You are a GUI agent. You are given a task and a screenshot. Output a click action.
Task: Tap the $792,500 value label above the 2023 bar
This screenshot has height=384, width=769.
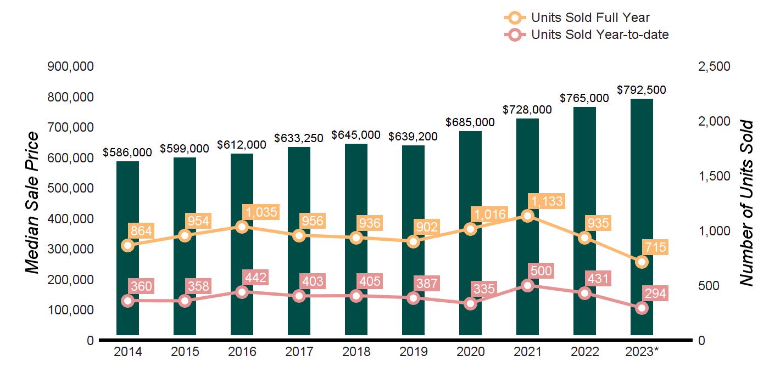[x=641, y=89]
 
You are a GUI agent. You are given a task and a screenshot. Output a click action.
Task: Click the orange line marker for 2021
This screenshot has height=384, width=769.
[x=527, y=216]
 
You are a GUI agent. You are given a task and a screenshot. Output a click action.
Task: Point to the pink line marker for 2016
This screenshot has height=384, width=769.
[x=242, y=292]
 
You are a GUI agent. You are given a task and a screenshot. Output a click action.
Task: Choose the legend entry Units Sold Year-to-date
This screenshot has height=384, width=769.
[x=599, y=35]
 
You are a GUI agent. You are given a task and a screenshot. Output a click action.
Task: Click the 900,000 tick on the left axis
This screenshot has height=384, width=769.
[x=71, y=66]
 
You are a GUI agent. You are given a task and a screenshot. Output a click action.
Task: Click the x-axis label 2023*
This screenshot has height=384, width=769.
[x=641, y=352]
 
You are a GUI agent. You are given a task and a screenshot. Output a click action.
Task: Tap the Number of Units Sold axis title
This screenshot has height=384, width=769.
[x=745, y=203]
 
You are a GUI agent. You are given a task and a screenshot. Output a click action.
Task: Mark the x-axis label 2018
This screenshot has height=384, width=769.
[x=356, y=352]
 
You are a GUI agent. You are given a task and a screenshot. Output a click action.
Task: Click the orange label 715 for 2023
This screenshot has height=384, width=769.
[x=655, y=247]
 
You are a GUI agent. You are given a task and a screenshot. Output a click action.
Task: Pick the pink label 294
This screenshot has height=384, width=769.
[x=655, y=293]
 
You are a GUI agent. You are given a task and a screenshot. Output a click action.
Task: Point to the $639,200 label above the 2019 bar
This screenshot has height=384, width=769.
[x=413, y=136]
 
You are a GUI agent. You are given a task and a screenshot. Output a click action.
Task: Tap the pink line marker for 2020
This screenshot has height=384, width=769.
[x=470, y=303]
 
